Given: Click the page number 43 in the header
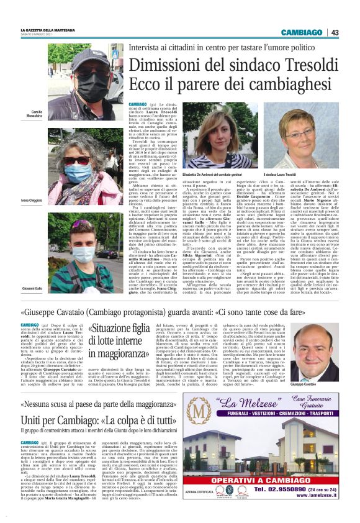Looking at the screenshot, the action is (335, 32).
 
